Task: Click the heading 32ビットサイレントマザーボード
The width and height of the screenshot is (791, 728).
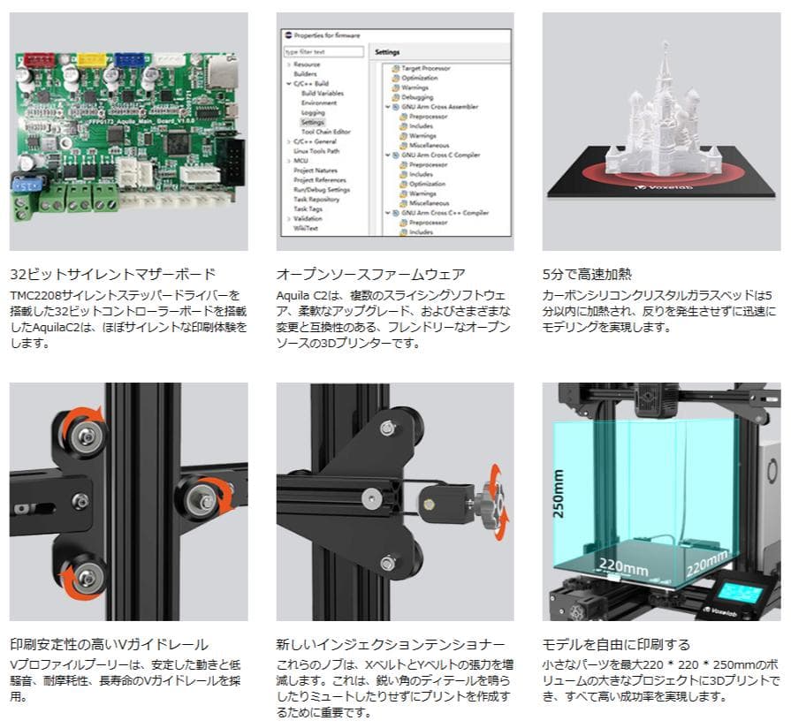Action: coord(112,274)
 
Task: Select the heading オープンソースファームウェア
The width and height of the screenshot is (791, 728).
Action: coord(370,274)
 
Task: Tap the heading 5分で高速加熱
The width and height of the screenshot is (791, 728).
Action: coord(587,274)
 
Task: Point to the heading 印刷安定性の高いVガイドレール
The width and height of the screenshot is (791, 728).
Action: coord(109,644)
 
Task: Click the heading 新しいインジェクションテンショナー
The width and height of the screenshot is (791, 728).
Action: coord(391,644)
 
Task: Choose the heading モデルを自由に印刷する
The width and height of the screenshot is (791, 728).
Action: coord(616,644)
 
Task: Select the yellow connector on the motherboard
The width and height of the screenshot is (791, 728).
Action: coord(90,58)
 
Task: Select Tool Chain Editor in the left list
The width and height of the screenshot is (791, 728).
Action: coord(325,132)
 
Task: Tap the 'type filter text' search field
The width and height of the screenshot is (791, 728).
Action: coord(323,52)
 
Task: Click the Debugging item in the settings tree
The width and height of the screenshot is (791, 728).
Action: coord(418,97)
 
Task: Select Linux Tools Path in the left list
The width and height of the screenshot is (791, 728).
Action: coord(316,151)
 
